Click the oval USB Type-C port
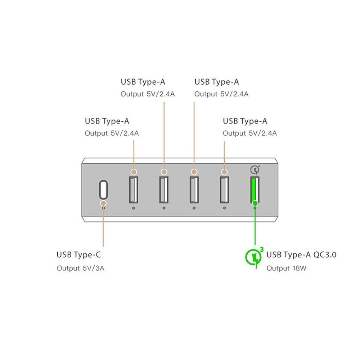pos(103,189)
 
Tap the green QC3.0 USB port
pos(255,189)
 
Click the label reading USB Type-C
pos(78,255)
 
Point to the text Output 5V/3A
pos(80,268)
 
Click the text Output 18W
pos(287,268)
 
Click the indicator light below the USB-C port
pos(104,208)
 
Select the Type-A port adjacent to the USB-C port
pos(134,189)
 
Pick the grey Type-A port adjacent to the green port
pos(224,189)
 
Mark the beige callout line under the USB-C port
pos(103,230)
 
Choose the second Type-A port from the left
pos(164,189)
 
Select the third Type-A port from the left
pos(194,189)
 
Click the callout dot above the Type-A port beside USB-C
pos(134,172)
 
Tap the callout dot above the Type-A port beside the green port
pos(224,172)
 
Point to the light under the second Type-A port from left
pos(164,208)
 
